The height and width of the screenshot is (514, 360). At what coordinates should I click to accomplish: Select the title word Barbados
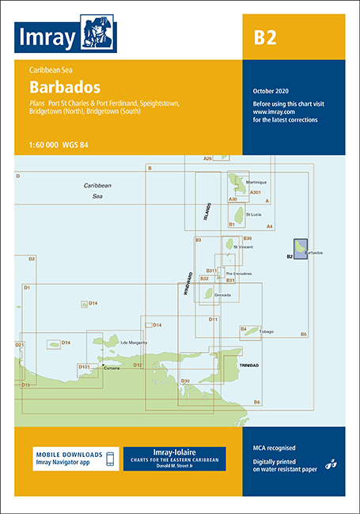click(x=61, y=85)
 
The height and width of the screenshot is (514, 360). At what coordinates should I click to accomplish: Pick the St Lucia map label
click(x=253, y=214)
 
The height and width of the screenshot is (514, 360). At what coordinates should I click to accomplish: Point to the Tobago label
click(x=265, y=331)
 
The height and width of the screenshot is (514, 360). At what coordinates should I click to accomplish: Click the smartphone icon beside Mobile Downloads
click(x=111, y=458)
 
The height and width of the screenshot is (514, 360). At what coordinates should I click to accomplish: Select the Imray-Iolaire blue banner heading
click(x=174, y=452)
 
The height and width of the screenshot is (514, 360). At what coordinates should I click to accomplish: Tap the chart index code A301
click(x=255, y=193)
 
